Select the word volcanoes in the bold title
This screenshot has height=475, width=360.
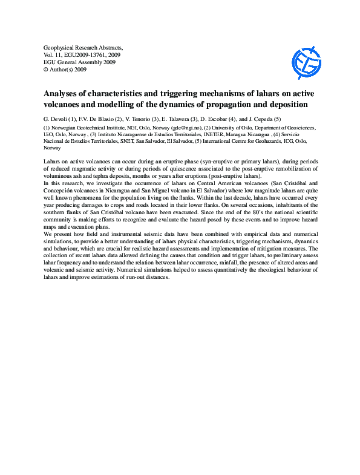pyautogui.click(x=64, y=105)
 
